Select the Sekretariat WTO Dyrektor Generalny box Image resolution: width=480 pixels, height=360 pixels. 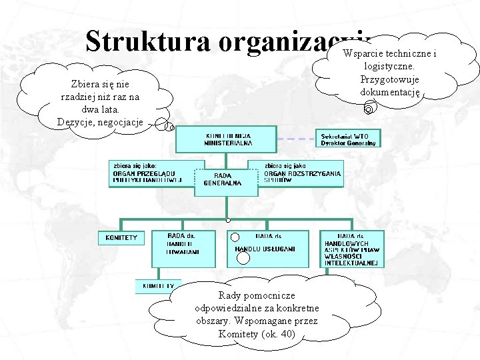tap(348, 139)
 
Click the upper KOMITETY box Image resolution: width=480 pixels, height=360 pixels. tap(121, 237)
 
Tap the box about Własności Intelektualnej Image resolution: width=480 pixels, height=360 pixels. tap(353, 249)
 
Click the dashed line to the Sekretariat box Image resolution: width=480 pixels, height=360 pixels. tap(296, 139)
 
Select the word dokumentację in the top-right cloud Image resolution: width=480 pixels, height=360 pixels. tap(390, 91)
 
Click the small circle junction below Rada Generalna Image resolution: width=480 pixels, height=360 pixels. tap(228, 220)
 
